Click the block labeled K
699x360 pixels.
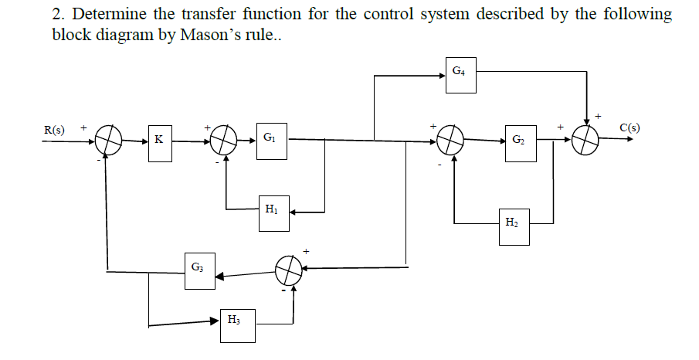pyautogui.click(x=160, y=141)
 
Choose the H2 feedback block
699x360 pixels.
pyautogui.click(x=514, y=225)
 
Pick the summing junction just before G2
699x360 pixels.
pyautogui.click(x=452, y=141)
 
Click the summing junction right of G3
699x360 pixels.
pyautogui.click(x=290, y=270)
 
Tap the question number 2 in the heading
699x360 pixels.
pyautogui.click(x=57, y=15)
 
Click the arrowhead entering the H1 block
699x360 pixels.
pyautogui.click(x=294, y=211)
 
